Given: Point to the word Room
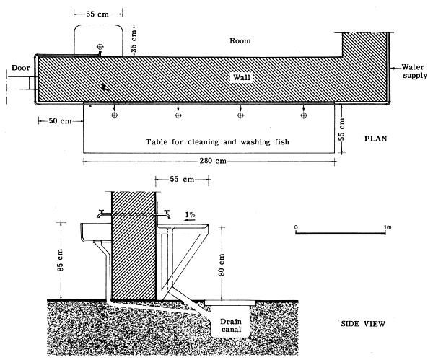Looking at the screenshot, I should tap(240, 41).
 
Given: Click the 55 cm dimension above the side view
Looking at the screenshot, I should tap(172, 177).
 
